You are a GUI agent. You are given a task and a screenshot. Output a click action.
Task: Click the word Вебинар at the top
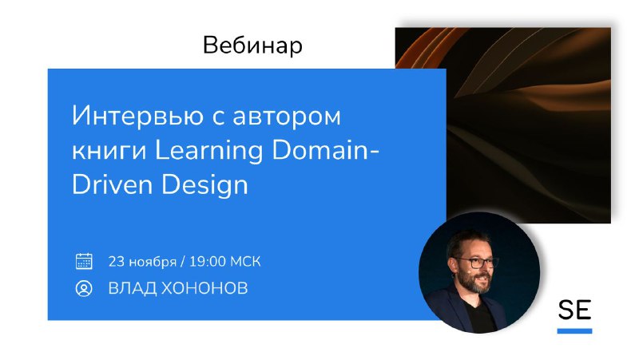[x=252, y=45]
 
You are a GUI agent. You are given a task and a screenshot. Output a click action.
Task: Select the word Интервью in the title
[x=137, y=116]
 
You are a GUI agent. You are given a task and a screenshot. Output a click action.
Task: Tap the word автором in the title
[x=287, y=117]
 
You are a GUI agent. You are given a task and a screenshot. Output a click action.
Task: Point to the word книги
[x=109, y=151]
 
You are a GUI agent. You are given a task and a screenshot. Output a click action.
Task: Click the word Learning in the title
[x=209, y=152]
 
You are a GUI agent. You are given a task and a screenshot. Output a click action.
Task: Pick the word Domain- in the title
[x=326, y=150]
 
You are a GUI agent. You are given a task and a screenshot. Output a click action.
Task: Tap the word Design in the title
[x=204, y=186]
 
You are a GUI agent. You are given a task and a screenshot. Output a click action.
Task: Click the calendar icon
[x=84, y=261]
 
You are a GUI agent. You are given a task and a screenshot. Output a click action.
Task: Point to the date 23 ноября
[x=142, y=262]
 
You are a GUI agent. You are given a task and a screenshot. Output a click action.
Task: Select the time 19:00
[x=207, y=261]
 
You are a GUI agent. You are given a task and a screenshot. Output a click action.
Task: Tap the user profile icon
[x=84, y=288]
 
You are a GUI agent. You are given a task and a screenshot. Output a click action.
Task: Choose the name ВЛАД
[x=132, y=288]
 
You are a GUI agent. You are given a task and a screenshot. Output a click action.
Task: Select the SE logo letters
[x=574, y=311]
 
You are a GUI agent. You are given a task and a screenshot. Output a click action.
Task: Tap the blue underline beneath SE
[x=574, y=331]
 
